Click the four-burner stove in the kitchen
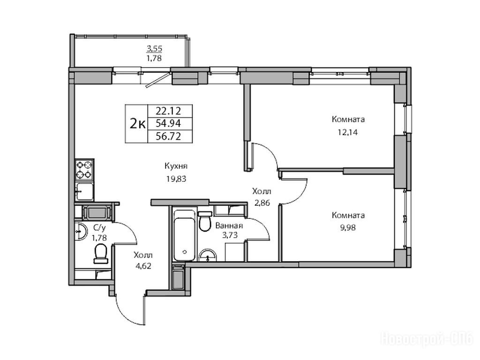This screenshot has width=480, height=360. coord(84,170)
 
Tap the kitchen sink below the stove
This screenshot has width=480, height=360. coord(84,191)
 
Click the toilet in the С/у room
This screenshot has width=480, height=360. coord(101,254)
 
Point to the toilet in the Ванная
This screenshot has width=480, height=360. coord(205,221)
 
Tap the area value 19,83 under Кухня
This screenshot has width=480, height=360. coord(176,179)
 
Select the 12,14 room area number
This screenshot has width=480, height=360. coord(348,132)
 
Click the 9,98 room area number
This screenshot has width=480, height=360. coord(348,227)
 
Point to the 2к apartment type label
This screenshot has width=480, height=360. coord(137,124)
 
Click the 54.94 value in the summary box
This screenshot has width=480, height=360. coord(168,123)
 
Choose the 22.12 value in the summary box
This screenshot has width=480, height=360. coord(168,110)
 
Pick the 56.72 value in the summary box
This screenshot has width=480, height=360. coord(168,136)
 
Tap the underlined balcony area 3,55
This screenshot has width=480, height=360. coord(154,48)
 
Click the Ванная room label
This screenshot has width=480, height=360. coord(229,226)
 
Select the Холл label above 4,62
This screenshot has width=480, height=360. coord(143,255)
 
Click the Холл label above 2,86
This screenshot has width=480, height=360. coord(262,192)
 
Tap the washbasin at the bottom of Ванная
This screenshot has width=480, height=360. coord(208,256)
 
